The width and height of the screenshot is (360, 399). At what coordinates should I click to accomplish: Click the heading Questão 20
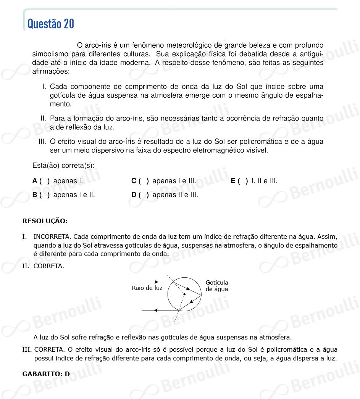point(51,24)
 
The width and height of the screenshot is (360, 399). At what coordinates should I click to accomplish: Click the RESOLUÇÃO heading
point(45,221)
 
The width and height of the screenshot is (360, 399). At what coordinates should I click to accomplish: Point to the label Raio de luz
point(147,288)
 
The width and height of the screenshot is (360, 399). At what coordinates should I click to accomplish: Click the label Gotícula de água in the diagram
point(217,286)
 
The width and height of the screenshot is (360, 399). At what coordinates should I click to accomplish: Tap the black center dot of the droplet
point(184,294)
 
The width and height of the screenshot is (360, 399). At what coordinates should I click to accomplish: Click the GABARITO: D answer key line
point(46,374)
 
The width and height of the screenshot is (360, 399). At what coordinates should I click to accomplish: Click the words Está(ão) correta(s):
point(64,166)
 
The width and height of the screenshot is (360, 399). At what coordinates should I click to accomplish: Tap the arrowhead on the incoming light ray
point(156,282)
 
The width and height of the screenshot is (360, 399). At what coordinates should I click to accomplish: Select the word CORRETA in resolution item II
point(48,266)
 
